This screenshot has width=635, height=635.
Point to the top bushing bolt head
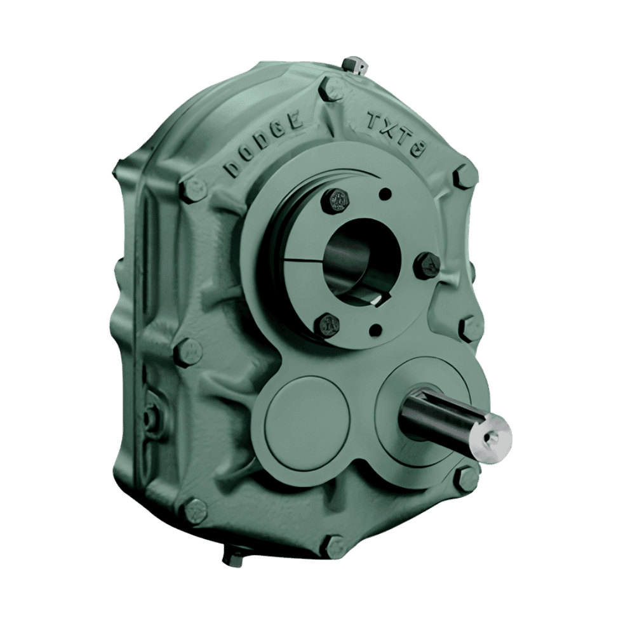click(x=336, y=199)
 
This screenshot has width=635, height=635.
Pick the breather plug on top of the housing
click(x=351, y=66)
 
